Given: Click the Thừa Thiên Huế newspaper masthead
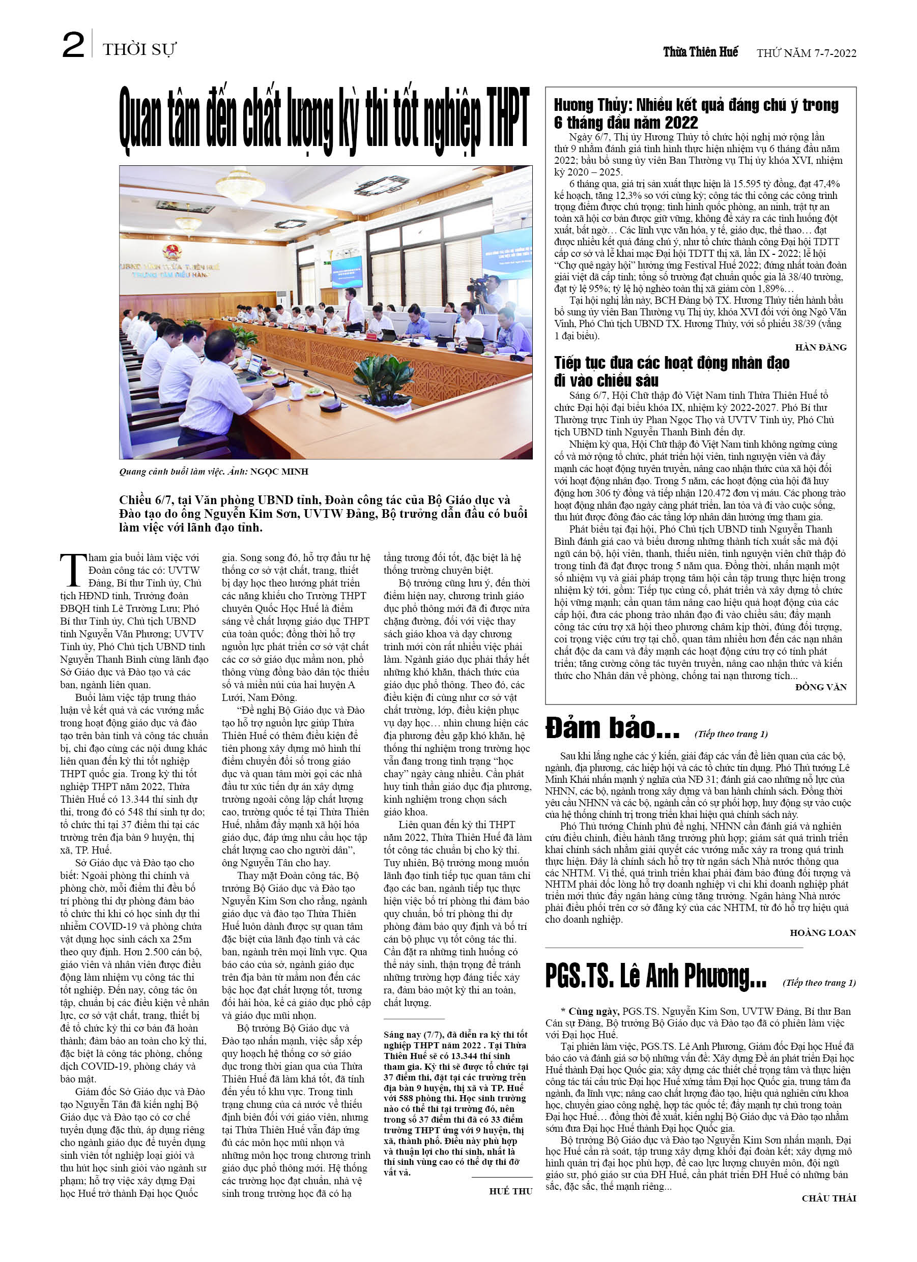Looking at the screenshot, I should [700, 52].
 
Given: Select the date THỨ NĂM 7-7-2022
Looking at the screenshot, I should [806, 53].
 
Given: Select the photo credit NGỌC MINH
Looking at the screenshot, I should [279, 472].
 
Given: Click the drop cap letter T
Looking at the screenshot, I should [73, 570].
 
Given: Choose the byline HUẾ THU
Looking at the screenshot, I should [510, 1191].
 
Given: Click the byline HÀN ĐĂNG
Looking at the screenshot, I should [820, 348].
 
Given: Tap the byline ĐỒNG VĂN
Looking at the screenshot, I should [821, 687].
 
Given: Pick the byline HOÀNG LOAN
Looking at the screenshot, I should [822, 933].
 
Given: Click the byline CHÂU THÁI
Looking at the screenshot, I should [828, 1198].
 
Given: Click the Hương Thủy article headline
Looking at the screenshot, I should [696, 113].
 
